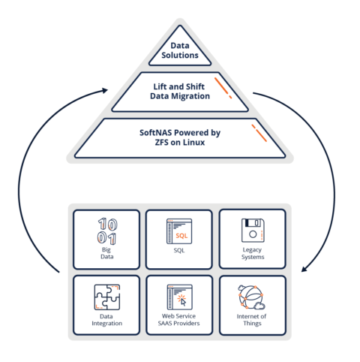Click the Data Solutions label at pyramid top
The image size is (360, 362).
[x=179, y=50]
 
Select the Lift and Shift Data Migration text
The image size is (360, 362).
[x=179, y=91]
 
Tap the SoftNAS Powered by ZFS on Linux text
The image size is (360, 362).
[x=179, y=137]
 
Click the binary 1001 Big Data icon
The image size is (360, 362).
[x=106, y=230]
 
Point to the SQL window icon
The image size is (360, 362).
[x=179, y=231]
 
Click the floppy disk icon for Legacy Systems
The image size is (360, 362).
[x=252, y=230]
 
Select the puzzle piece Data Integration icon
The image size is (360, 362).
[x=106, y=297]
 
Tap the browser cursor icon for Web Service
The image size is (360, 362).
[x=179, y=297]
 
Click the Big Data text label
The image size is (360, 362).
[x=106, y=252]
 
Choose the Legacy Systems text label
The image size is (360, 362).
[x=252, y=253]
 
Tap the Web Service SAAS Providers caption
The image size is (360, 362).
[x=179, y=321]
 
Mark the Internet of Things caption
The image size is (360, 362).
[x=252, y=321]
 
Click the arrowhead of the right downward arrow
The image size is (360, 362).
[x=302, y=269]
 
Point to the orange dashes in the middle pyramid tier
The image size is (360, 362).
[x=223, y=87]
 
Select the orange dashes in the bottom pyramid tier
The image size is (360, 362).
[x=259, y=134]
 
